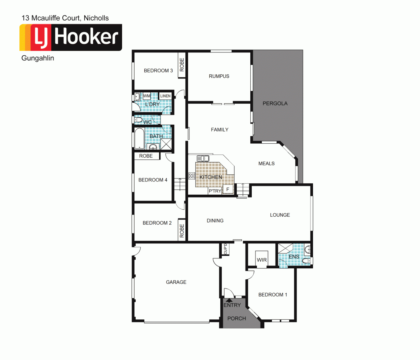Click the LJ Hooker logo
point(70,37)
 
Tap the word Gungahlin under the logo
point(38,58)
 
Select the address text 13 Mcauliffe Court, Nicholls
point(65,18)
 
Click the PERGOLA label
point(275,103)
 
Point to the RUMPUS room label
point(219,76)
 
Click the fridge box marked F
point(228,190)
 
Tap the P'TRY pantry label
point(215,191)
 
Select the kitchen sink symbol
point(203,158)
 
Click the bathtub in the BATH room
point(140,138)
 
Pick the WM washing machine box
point(147,96)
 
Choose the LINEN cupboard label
point(165,96)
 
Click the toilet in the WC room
point(138,120)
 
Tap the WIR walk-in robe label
point(262,260)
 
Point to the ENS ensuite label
point(294,257)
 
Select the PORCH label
point(236,318)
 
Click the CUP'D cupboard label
point(225,249)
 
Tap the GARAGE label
point(176,282)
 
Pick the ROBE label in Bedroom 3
point(182,65)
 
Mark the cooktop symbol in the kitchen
point(191,176)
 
